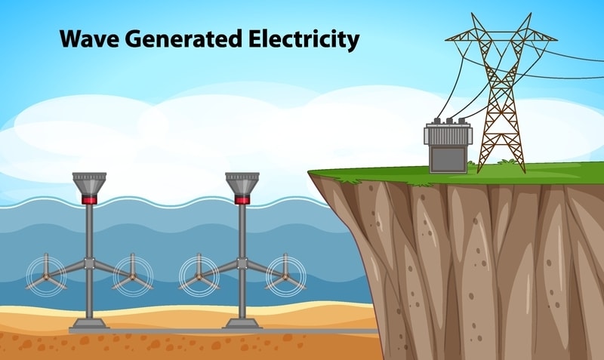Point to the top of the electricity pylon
[500, 17]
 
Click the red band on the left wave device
[89, 200]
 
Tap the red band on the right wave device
[242, 200]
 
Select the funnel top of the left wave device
[89, 183]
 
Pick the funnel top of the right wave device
[242, 183]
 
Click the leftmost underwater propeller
[46, 275]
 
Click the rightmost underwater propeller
[286, 275]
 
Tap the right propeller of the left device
[133, 275]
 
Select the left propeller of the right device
[199, 275]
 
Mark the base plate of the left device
[89, 325]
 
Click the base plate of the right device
[242, 325]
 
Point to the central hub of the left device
[89, 263]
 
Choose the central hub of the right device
[242, 263]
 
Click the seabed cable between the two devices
[166, 331]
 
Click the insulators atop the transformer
[448, 121]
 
